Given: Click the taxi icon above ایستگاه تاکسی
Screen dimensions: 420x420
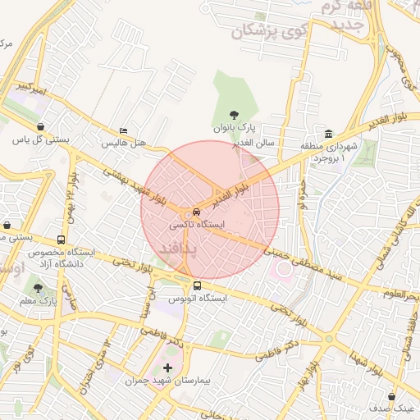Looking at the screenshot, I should click(197, 211).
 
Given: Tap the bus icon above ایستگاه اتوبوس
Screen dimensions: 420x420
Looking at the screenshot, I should click(197, 286).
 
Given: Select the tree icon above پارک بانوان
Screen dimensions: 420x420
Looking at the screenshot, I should click(236, 116).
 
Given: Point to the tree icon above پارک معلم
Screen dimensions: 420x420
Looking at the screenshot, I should click(38, 287).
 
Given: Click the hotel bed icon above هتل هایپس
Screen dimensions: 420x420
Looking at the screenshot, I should click(123, 131).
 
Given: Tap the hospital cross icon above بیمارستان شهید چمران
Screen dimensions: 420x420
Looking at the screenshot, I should click(168, 367).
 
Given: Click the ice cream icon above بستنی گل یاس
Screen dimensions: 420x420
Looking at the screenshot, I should click(41, 127).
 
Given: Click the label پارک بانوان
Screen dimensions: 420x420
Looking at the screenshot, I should click(236, 130).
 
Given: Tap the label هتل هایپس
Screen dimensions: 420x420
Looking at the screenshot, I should click(123, 143).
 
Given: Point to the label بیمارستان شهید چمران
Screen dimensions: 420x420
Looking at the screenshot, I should click(168, 381).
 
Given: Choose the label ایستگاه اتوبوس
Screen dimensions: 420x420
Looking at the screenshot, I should click(197, 299).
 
